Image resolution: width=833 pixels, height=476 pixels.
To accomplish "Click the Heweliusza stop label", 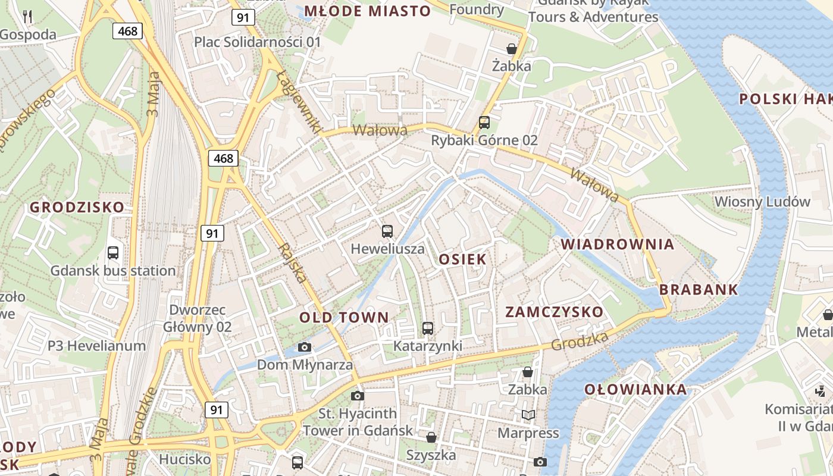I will tap(387, 249).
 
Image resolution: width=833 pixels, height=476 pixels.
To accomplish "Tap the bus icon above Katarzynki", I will tap(427, 328).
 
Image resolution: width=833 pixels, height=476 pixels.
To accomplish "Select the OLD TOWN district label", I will tap(344, 317).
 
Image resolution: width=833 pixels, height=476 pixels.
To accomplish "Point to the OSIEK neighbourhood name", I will tap(462, 259).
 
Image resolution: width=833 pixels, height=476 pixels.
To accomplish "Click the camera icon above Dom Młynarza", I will tap(305, 347).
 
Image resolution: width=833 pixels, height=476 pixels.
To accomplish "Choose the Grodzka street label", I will tap(580, 341).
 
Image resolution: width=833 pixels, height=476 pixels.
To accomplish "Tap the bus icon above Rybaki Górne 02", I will tap(484, 123).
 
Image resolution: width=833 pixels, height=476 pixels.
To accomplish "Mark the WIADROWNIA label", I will tap(618, 244).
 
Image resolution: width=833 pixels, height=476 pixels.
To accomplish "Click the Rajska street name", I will tap(292, 262).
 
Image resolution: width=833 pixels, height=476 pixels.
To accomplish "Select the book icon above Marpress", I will tap(528, 415).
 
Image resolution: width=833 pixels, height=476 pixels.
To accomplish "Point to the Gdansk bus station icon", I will tap(113, 253).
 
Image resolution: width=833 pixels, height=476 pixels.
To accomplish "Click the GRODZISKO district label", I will tap(77, 207).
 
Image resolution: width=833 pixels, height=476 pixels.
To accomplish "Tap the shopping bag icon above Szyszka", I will tap(431, 438).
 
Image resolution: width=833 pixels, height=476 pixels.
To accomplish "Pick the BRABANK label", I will tap(699, 290).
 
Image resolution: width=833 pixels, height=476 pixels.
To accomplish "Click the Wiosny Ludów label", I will tap(762, 201).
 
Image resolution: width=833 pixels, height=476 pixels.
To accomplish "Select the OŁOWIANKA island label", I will tap(635, 390).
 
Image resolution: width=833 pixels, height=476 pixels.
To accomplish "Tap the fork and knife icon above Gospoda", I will tap(27, 16).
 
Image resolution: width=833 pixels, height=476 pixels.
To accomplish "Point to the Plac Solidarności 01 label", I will tap(258, 42).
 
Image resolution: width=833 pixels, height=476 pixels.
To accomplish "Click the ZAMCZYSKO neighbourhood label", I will tap(554, 312).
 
